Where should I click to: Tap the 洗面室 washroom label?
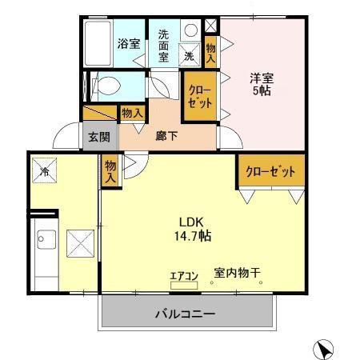(x=163, y=46)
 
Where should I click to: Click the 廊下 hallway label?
(x=166, y=136)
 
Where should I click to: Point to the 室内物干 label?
(x=238, y=274)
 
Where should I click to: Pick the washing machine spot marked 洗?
(x=190, y=56)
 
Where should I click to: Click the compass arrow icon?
(x=323, y=349)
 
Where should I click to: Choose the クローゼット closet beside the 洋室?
(x=200, y=97)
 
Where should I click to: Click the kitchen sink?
(x=45, y=240)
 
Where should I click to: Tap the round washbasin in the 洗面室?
(x=190, y=30)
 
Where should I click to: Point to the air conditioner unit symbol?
(x=186, y=283)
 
